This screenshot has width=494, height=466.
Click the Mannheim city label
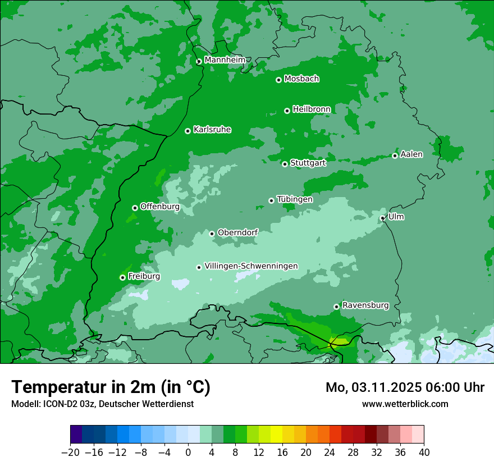(225, 60)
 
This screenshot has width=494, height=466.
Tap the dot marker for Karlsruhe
(187, 131)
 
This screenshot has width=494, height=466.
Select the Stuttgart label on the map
(308, 163)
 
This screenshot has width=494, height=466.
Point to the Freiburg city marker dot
(122, 277)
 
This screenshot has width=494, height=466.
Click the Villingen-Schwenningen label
(251, 266)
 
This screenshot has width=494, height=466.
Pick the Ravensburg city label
(365, 305)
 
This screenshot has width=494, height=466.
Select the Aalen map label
(411, 154)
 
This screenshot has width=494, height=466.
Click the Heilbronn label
(312, 109)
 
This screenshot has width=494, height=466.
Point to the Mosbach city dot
(278, 80)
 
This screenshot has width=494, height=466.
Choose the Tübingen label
(295, 199)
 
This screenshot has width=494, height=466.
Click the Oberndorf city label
(237, 232)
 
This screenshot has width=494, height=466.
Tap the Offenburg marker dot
(135, 208)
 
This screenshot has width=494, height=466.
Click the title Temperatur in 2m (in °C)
(111, 387)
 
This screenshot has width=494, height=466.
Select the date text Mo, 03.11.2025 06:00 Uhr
(405, 387)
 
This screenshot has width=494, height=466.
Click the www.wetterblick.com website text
(405, 404)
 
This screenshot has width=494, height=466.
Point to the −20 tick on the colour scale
(70, 453)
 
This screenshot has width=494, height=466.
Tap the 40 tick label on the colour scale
(424, 453)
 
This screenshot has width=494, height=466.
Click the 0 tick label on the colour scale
(188, 453)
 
